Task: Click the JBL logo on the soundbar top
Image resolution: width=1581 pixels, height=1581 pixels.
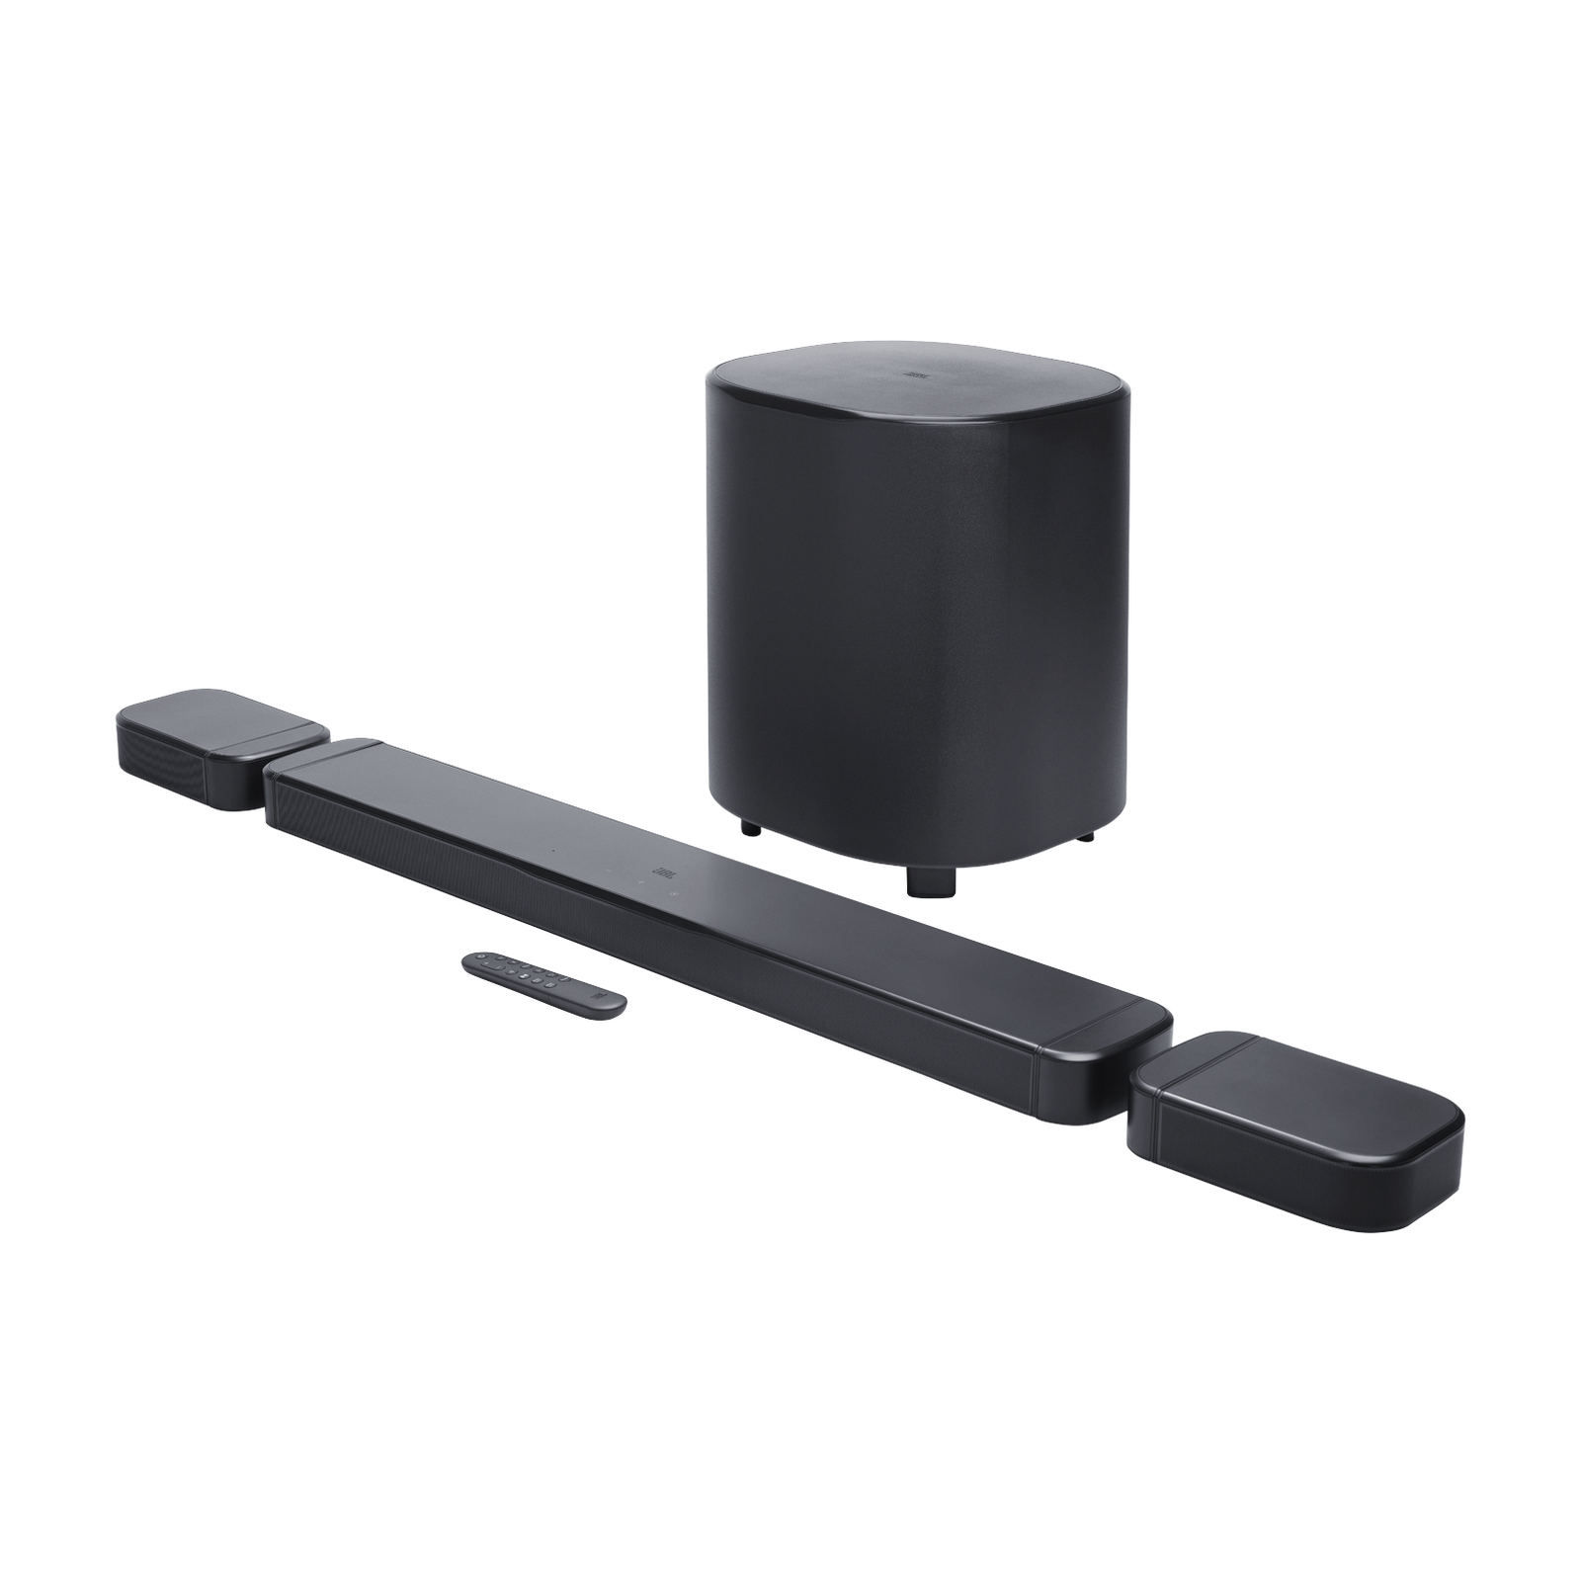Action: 661,873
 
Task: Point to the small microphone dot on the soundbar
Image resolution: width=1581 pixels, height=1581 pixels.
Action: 553,851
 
